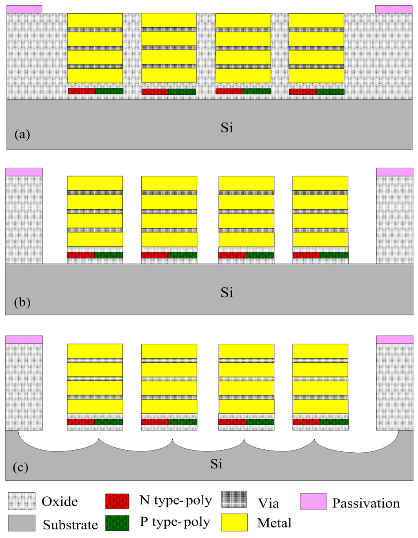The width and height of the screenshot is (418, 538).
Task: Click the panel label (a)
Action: [x=22, y=134]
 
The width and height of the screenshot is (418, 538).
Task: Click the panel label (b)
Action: [x=22, y=302]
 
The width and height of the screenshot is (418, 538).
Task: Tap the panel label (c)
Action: [x=21, y=467]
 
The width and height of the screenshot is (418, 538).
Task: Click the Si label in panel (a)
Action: [x=227, y=128]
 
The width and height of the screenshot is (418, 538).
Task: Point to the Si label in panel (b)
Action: [x=227, y=292]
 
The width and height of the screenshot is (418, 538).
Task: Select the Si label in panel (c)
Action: [x=216, y=464]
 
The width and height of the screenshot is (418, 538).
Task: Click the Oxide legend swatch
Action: [x=21, y=501]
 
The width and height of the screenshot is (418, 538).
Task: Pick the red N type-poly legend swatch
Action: [x=117, y=501]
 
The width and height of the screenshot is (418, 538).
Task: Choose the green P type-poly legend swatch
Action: [x=117, y=523]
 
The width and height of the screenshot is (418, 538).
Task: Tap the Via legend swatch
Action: [x=234, y=499]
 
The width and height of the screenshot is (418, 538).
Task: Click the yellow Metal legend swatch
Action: [x=234, y=522]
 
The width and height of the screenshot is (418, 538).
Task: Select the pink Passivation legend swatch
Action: [x=313, y=502]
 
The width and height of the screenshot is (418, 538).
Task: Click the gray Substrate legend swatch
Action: [x=21, y=523]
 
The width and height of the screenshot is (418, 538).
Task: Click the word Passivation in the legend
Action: [x=366, y=503]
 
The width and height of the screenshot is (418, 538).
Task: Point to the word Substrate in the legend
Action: [x=70, y=525]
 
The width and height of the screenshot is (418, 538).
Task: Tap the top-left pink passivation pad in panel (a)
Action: [x=24, y=9]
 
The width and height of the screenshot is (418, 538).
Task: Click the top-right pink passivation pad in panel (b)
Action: [x=394, y=172]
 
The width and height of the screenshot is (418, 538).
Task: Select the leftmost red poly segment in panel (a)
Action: [x=82, y=91]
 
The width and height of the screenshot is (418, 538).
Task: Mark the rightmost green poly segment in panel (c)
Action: [x=334, y=422]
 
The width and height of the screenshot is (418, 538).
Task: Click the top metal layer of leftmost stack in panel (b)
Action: [x=95, y=183]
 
